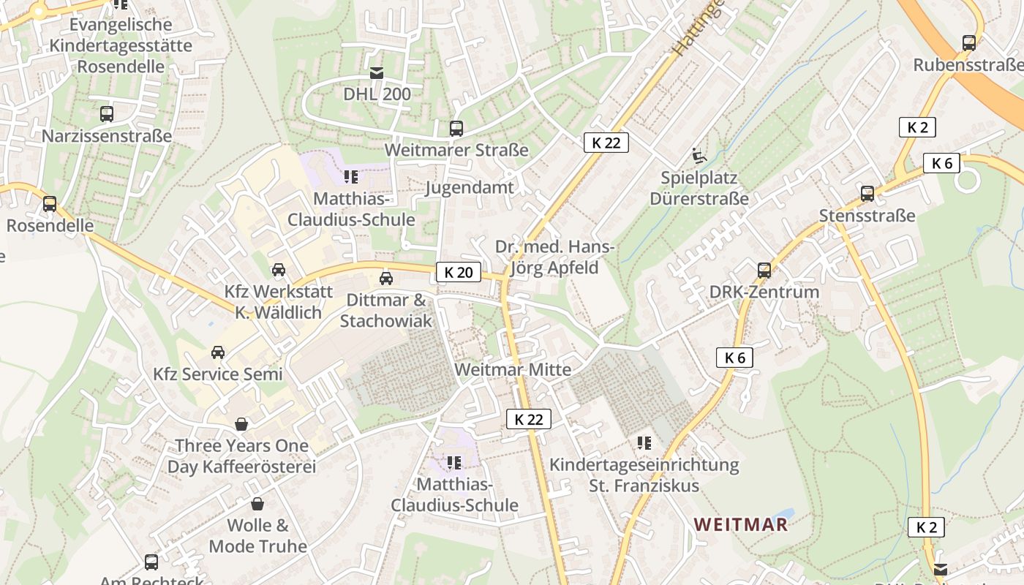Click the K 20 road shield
pos(459,273)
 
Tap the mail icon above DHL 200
pos(377,73)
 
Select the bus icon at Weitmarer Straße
pos(456,129)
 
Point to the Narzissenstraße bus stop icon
pos(107,114)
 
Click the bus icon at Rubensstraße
pos(969,43)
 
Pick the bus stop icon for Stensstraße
pos(867,194)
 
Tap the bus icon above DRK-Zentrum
pos(764,271)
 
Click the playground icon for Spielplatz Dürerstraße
pos(699,156)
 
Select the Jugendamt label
pos(470,187)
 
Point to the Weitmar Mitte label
pos(513,369)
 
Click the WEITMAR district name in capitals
pos(741,524)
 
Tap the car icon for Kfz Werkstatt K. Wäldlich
pos(279,270)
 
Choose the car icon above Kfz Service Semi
pos(218,352)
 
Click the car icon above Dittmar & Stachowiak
pos(385,279)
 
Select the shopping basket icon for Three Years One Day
pos(241,424)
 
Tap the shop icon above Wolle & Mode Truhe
pos(257,504)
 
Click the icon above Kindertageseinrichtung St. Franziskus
pos(644,442)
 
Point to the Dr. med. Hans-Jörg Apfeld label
pos(554,257)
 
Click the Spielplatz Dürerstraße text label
pos(699,188)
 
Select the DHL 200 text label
pos(377,94)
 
